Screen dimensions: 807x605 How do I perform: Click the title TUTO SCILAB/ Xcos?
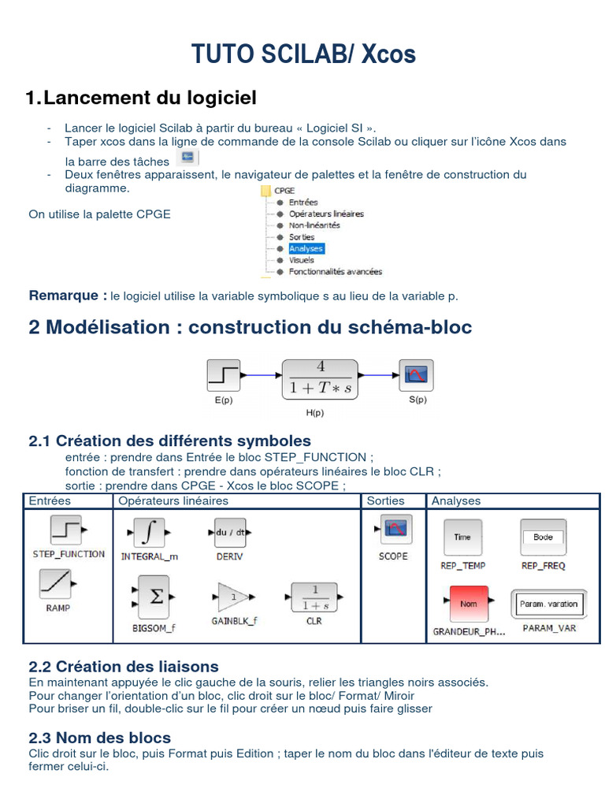click(x=303, y=54)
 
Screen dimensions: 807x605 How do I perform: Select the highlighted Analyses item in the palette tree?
click(x=306, y=248)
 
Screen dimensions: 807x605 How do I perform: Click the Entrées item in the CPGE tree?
click(x=302, y=203)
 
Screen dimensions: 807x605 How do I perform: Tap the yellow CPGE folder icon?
click(x=265, y=191)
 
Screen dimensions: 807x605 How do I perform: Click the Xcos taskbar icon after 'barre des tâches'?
click(x=187, y=158)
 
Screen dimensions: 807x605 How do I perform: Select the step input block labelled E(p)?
click(x=223, y=375)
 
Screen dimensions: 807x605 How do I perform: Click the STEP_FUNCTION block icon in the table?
click(x=67, y=530)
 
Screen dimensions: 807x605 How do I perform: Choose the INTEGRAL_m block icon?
click(x=148, y=533)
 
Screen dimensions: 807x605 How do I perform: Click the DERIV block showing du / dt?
click(x=229, y=533)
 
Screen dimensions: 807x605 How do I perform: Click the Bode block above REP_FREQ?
click(x=543, y=537)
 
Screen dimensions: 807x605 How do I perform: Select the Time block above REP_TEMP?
click(x=462, y=537)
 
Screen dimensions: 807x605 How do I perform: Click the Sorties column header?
click(x=385, y=501)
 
